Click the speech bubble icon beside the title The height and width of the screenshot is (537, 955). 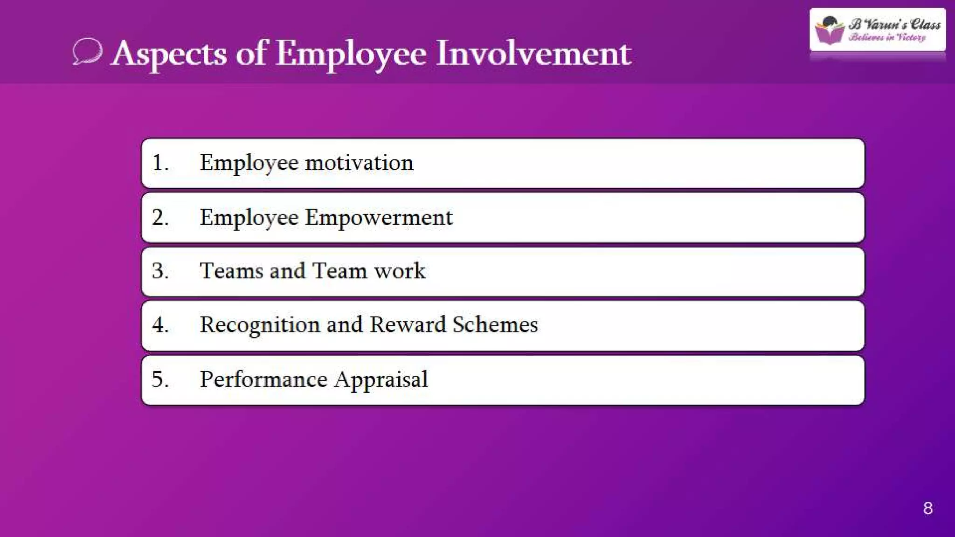click(x=87, y=51)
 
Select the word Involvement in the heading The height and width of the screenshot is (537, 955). click(x=533, y=53)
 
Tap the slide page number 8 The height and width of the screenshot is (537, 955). click(x=927, y=508)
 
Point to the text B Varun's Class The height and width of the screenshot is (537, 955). click(x=895, y=24)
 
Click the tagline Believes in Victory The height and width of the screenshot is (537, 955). click(x=887, y=37)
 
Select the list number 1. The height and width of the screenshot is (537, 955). click(x=159, y=163)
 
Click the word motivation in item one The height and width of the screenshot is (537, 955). click(x=359, y=163)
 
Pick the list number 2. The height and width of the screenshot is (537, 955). click(x=159, y=218)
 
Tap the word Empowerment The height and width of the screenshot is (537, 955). click(x=379, y=218)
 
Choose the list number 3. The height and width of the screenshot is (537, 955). click(x=159, y=271)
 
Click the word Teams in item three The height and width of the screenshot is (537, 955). click(x=231, y=271)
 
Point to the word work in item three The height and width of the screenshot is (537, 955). click(x=400, y=271)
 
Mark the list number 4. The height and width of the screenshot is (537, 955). click(x=159, y=325)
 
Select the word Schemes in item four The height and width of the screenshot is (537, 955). click(x=495, y=325)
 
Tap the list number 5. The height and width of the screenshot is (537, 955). click(x=159, y=379)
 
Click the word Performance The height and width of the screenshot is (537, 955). click(x=263, y=379)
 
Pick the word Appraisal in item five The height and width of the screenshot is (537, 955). click(x=381, y=379)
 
